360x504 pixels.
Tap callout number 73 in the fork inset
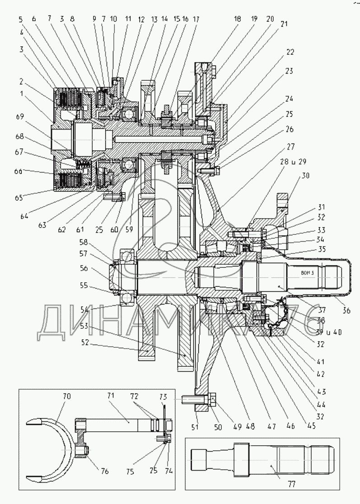pos(163,396)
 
